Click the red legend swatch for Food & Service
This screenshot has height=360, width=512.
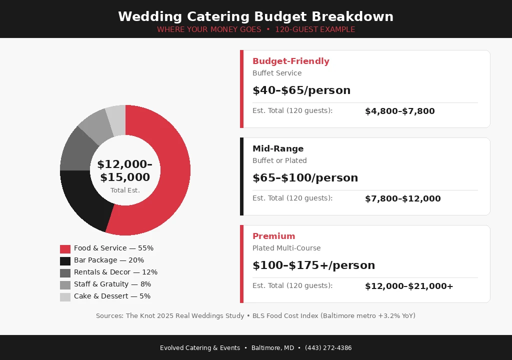point(65,248)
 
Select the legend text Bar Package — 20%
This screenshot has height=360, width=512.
point(108,260)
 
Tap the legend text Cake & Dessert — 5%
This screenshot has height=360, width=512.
point(112,296)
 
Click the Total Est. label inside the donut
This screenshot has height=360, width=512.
point(125,190)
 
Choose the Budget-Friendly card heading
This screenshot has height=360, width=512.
point(290,61)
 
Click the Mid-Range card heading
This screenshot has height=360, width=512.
point(278,149)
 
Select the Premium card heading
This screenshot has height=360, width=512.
point(273,236)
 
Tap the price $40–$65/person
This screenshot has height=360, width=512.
point(301,90)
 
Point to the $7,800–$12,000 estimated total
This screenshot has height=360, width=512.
point(402,199)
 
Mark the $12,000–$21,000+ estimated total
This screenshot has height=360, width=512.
point(408,286)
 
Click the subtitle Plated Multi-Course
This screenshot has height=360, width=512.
point(286,248)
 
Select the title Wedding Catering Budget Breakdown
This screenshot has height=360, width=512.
point(255,16)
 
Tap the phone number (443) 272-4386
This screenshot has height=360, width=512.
point(328,348)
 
